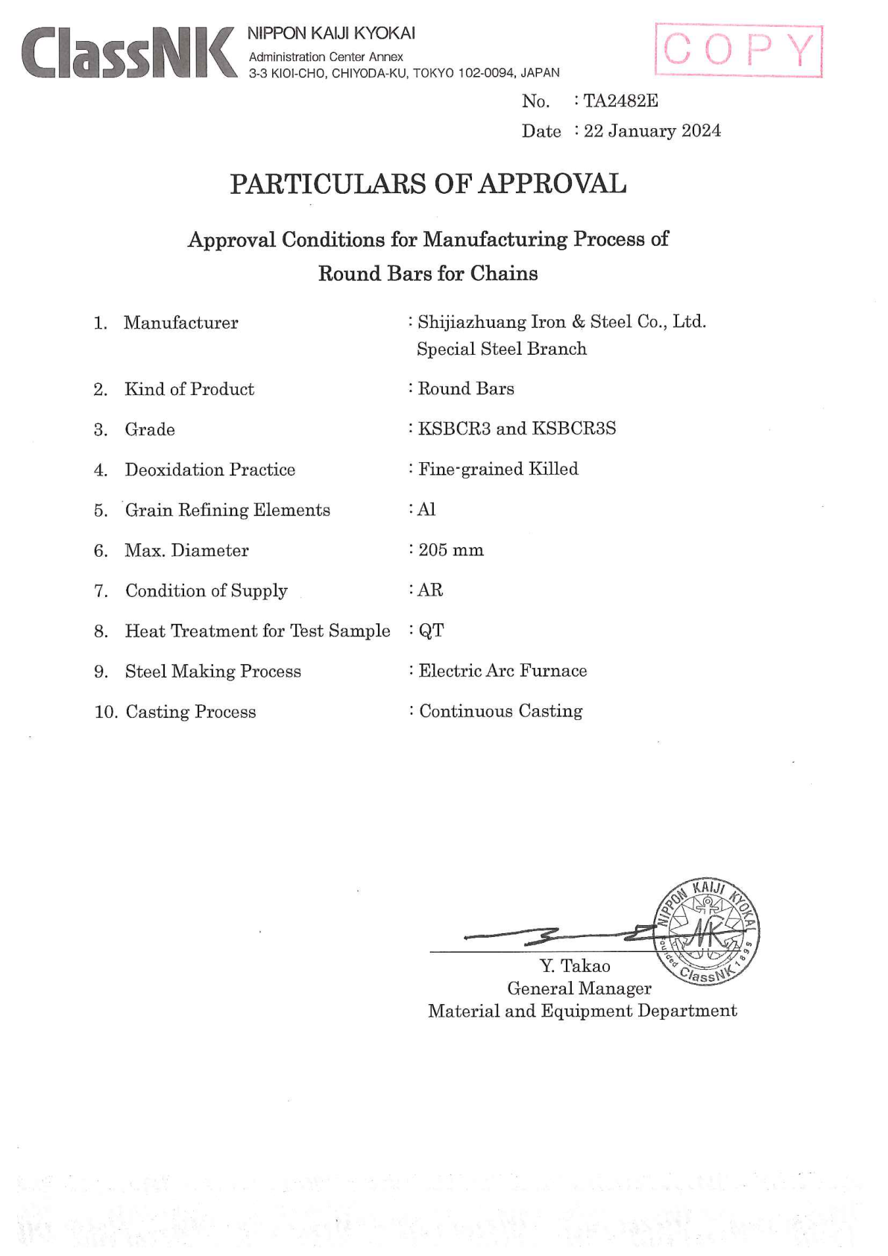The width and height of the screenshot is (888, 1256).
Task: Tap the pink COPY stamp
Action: pyautogui.click(x=738, y=51)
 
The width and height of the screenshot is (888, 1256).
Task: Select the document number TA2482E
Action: pyautogui.click(x=620, y=101)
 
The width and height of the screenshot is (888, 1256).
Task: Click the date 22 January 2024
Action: pyautogui.click(x=652, y=131)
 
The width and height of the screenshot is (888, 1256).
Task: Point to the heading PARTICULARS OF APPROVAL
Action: pyautogui.click(x=428, y=184)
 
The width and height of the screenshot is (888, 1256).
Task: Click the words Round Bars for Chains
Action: pyautogui.click(x=428, y=274)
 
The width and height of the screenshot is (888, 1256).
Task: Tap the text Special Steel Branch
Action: pyautogui.click(x=502, y=349)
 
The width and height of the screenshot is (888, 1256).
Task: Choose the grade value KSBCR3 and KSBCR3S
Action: pyautogui.click(x=517, y=429)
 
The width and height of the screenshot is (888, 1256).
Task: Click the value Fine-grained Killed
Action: pyautogui.click(x=498, y=469)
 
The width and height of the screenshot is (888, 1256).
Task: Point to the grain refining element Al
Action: pyautogui.click(x=426, y=509)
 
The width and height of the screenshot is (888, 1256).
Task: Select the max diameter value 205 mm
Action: pyautogui.click(x=451, y=550)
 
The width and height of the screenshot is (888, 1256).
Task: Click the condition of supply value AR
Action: pyautogui.click(x=430, y=590)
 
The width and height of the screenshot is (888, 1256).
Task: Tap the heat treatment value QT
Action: pyautogui.click(x=431, y=631)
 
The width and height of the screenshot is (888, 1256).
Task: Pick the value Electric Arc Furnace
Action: pyautogui.click(x=503, y=671)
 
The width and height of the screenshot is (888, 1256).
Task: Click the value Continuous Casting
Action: pyautogui.click(x=500, y=711)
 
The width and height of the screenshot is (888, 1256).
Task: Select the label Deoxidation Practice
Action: pyautogui.click(x=210, y=470)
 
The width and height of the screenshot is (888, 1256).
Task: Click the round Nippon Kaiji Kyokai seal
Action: pyautogui.click(x=705, y=930)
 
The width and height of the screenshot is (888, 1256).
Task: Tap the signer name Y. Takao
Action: pyautogui.click(x=575, y=966)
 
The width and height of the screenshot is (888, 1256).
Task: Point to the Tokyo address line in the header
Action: pyautogui.click(x=404, y=73)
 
